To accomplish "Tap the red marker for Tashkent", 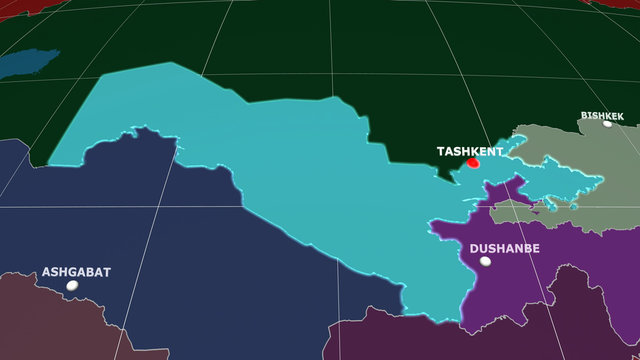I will coord(473,163).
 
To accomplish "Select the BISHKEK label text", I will coord(602,116).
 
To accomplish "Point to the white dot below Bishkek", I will coord(607,125).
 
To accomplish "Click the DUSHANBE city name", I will coord(504,248).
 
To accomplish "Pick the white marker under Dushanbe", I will coord(485,261).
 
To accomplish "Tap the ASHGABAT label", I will coord(76,272).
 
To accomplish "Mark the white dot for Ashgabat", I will coord(72,285).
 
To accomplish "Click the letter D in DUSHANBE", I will coord(474,248).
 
